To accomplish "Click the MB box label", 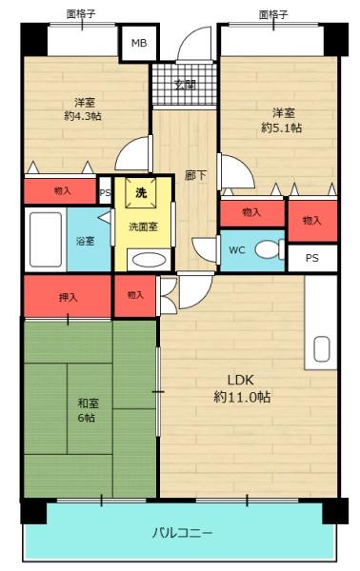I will (139, 44).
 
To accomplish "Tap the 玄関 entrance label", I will (185, 84).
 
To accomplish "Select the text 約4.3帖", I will (84, 116).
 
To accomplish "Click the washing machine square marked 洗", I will (141, 193).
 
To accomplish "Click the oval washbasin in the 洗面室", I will (147, 258).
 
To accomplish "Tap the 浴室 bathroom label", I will (85, 241).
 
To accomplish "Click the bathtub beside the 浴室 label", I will (46, 240).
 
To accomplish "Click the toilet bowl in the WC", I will (270, 250).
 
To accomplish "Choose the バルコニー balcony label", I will (182, 532).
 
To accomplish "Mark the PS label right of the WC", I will (312, 258).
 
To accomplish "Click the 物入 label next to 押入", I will (135, 295).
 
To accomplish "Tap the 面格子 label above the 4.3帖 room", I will (83, 13).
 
